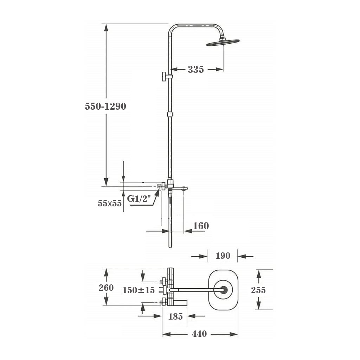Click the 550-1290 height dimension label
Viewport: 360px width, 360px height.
click(105, 106)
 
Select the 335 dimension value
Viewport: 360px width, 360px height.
click(196, 69)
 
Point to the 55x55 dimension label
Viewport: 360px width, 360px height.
click(110, 203)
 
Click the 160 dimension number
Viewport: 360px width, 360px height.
click(201, 226)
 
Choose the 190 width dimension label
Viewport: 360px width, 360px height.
click(223, 256)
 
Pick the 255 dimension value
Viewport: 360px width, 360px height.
click(258, 290)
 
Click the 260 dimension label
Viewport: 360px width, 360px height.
click(106, 288)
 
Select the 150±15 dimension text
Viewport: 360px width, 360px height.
click(139, 290)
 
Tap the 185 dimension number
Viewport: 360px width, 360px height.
click(175, 316)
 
